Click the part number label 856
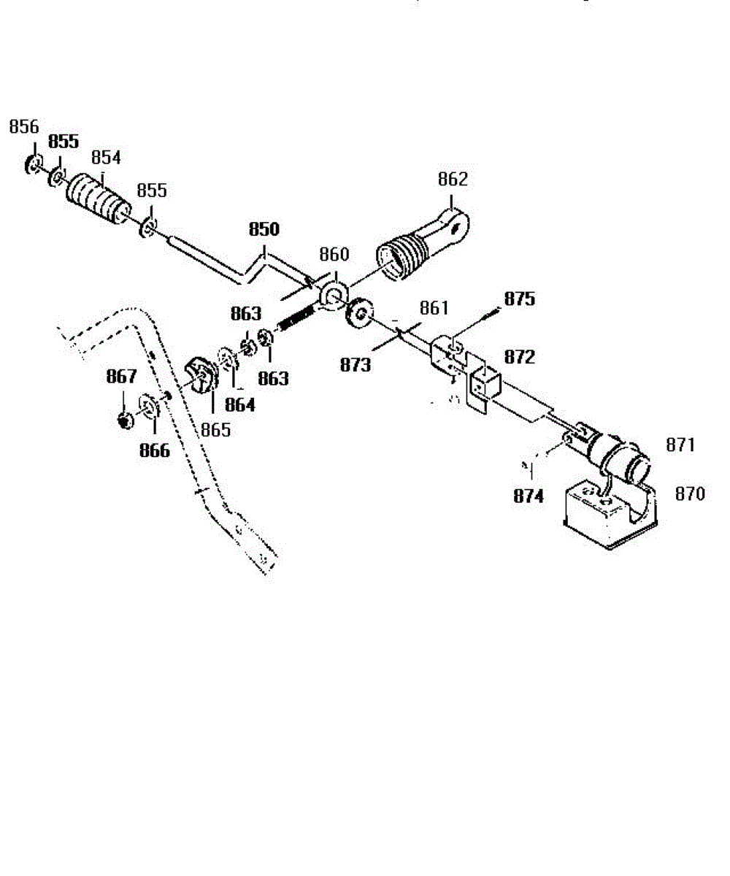coord(23,127)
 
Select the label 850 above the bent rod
coord(264,228)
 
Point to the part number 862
coord(453,180)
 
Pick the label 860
coord(335,255)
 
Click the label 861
coord(434,309)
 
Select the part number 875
coord(519,299)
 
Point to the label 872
coord(519,358)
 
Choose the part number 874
coord(528,497)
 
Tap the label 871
coord(680,445)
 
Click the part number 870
coord(691,494)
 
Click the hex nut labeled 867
coord(125,420)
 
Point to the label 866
coord(154,450)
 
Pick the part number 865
coord(215,430)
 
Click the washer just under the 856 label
coord(32,164)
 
